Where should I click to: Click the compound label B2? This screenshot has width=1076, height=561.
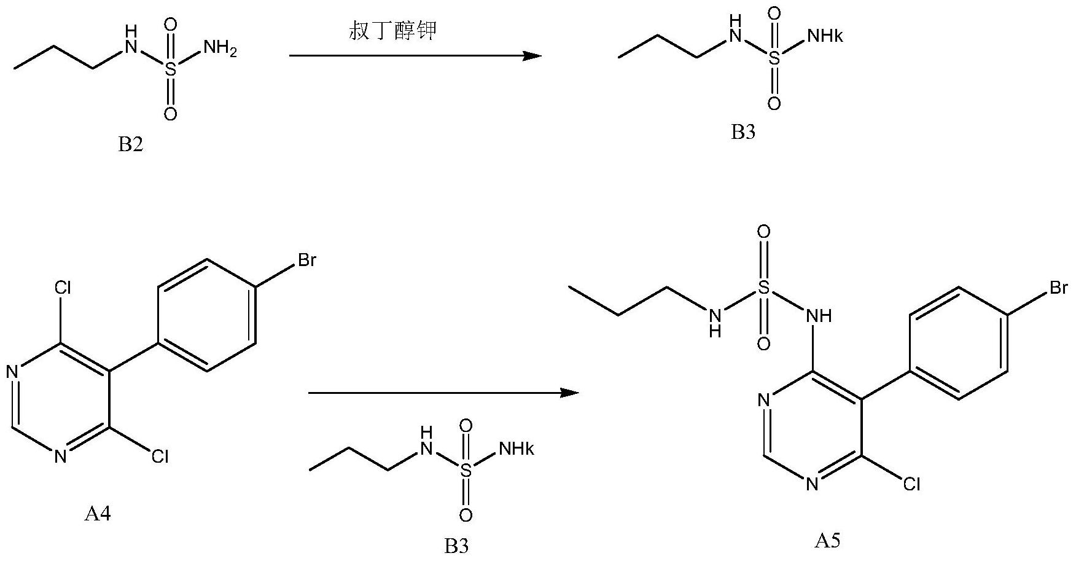click(x=130, y=146)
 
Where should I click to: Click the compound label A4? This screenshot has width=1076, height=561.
click(x=98, y=513)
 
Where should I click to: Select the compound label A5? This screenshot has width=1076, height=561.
click(x=827, y=541)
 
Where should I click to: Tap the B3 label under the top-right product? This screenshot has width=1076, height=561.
click(x=743, y=132)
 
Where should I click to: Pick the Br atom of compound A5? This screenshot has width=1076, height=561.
click(x=1058, y=288)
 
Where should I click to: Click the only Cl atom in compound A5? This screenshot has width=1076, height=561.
click(x=911, y=485)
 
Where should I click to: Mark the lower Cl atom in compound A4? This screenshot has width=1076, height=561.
click(x=159, y=456)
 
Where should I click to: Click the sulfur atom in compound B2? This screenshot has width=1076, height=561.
click(x=170, y=69)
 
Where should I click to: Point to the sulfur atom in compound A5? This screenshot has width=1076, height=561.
click(x=763, y=288)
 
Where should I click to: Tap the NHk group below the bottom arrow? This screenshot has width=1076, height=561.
click(x=517, y=449)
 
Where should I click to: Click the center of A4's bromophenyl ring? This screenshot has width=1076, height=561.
click(x=207, y=315)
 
